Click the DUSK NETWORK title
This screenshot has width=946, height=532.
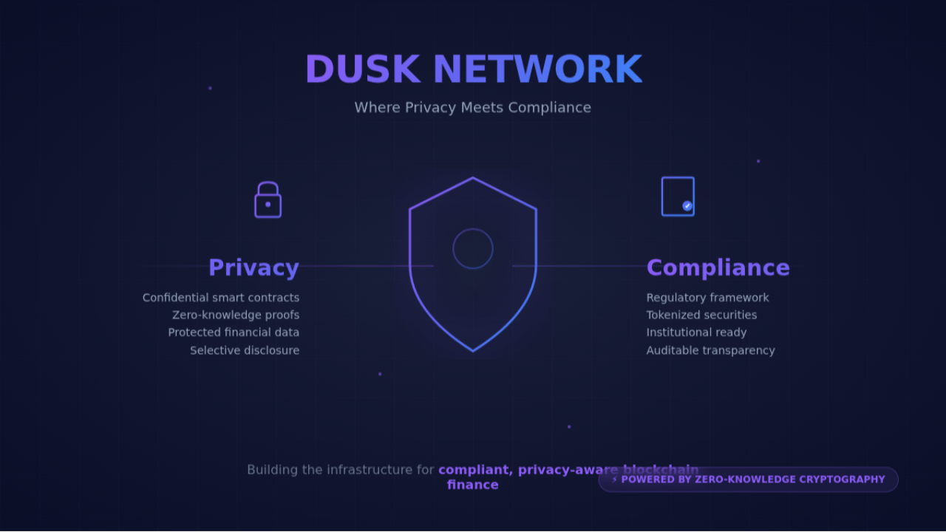tap(473, 69)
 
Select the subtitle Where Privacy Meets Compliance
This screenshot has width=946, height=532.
tap(473, 108)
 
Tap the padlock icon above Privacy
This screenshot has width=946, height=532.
tap(268, 200)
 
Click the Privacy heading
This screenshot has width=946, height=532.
tap(253, 267)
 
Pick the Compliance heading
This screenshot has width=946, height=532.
tap(718, 267)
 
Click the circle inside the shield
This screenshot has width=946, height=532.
tap(473, 249)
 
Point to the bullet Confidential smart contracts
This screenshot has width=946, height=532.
tap(221, 298)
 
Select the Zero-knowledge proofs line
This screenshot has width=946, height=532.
tap(236, 316)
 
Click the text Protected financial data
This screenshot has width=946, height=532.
tap(234, 332)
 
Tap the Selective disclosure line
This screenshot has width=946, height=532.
tap(245, 350)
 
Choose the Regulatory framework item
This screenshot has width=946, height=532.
tap(707, 298)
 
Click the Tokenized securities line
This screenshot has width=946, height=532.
tap(701, 316)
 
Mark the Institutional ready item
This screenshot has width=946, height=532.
tap(696, 332)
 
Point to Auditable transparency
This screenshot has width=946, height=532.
tap(710, 350)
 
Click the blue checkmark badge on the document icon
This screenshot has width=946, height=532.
tap(687, 206)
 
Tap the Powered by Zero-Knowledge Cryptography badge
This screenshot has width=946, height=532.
tap(748, 480)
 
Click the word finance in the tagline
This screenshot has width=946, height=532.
tap(473, 485)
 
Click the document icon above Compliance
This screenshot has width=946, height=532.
tap(676, 195)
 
